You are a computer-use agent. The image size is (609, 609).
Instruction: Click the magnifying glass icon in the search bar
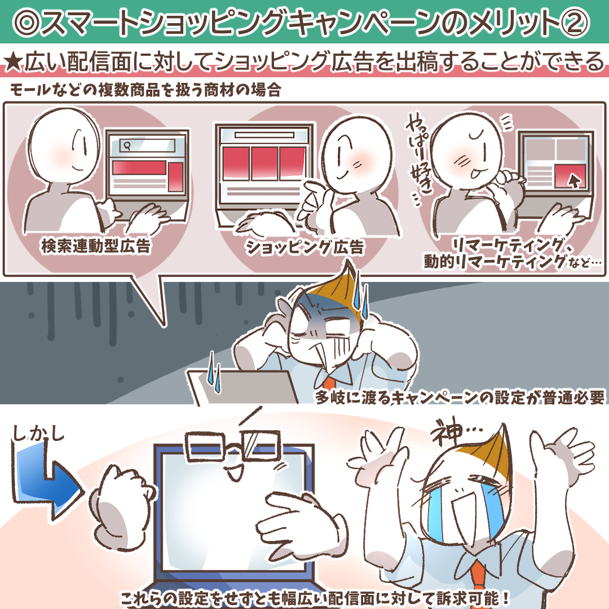(x=126, y=145)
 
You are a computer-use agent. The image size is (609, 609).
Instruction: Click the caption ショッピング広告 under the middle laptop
(x=304, y=248)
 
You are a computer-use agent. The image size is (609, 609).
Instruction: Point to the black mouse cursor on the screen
(x=573, y=180)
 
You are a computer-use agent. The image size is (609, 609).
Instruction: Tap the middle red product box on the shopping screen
(x=264, y=163)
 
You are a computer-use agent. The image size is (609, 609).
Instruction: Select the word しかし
(x=38, y=434)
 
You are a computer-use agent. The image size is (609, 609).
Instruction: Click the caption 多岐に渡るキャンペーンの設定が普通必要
(x=460, y=397)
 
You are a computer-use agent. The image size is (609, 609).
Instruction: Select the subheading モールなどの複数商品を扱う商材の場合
(x=145, y=90)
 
